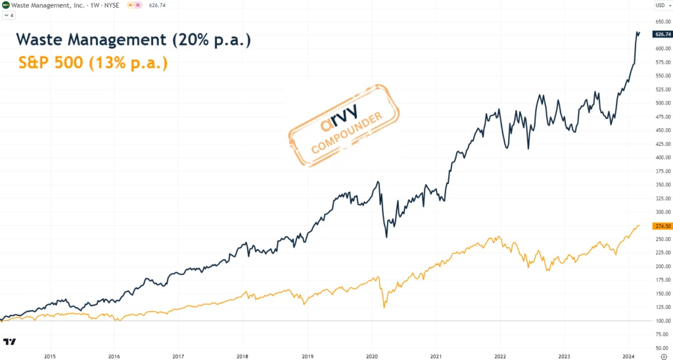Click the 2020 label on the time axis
pos(371,355)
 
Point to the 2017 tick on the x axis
pos(178,355)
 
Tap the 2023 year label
pos(565,355)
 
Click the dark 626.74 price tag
pos(661,34)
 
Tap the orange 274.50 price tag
pos(661,226)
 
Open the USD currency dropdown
pos(661,6)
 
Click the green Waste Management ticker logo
pos(6,5)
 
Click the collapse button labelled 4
pos(9,15)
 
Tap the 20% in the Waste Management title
pos(190,39)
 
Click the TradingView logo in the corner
pos(10,342)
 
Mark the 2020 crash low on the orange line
pos(384,307)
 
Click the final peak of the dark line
pos(637,32)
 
